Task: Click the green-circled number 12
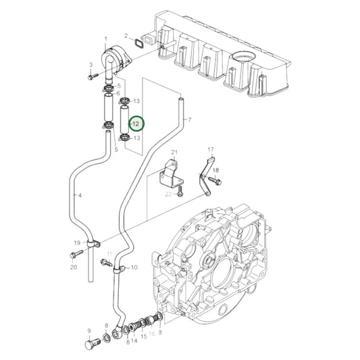pos(136,124)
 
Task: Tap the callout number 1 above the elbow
pos(105,38)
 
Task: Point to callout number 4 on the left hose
pos(80,196)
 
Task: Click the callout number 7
pos(190,120)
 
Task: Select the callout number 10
pos(134,267)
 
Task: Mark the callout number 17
pos(210,149)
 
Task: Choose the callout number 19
pos(78,241)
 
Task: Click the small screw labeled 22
pos(181,193)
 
